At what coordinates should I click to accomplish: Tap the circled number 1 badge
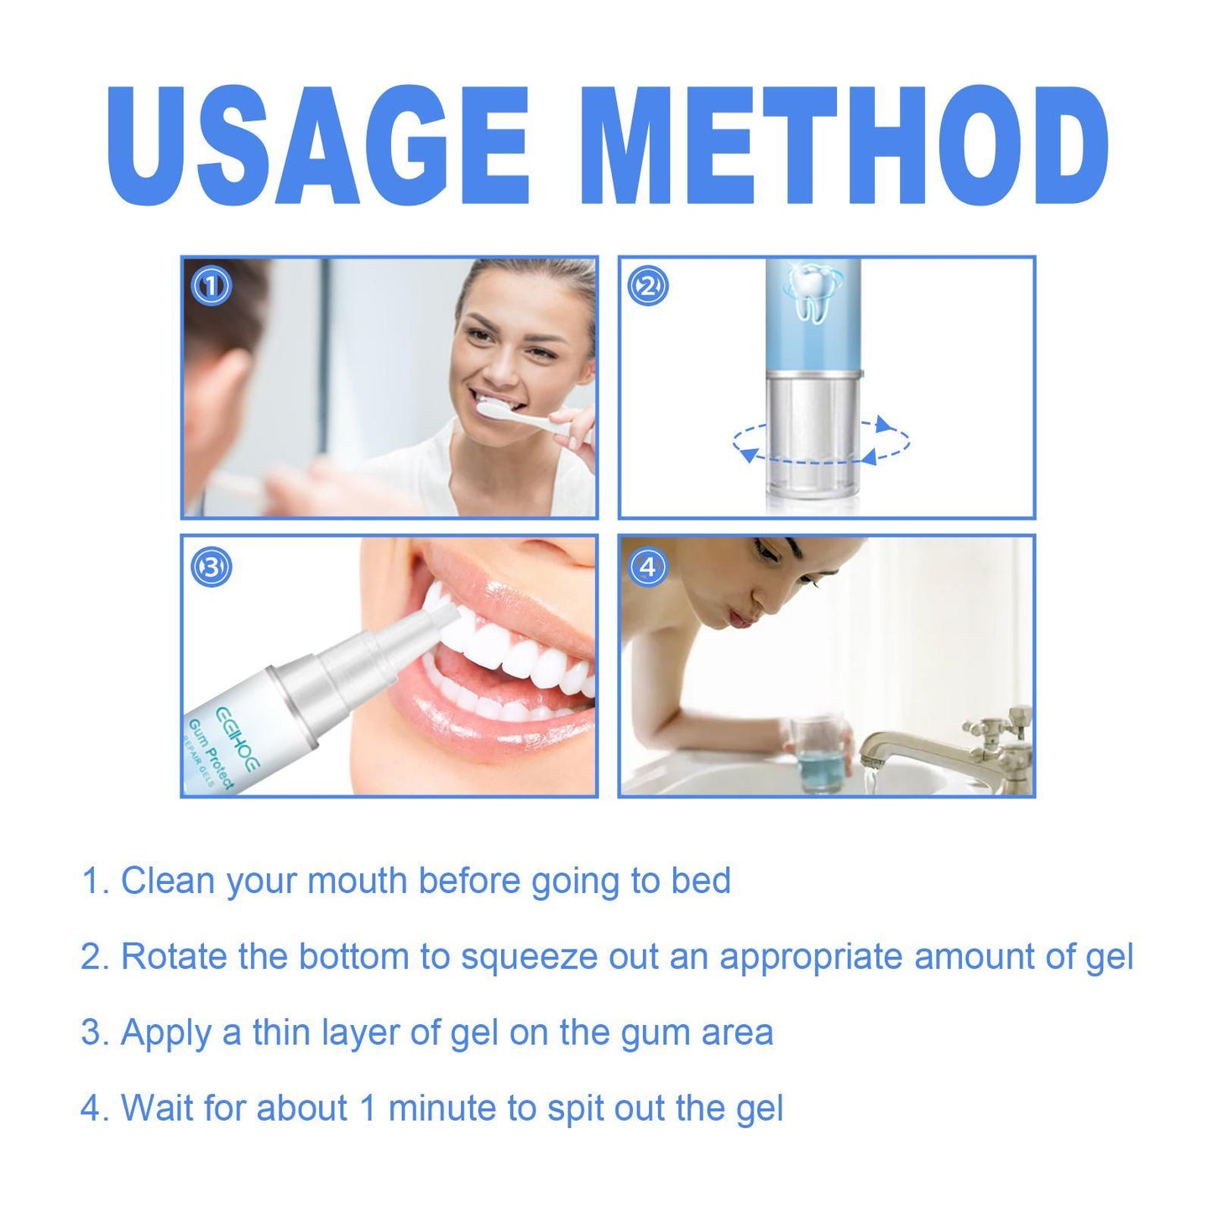pos(211,287)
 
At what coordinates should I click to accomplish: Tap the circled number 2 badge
pos(648,287)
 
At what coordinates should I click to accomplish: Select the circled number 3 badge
pos(211,567)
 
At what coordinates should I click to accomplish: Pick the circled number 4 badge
pos(648,567)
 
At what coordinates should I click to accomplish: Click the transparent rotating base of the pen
pos(812,437)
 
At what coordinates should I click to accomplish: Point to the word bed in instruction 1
pos(701,881)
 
